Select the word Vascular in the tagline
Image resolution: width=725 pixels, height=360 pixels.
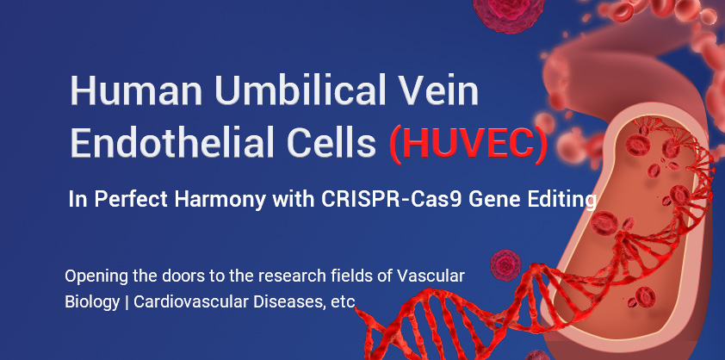point(431,276)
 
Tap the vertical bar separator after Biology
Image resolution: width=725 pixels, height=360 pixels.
point(127,302)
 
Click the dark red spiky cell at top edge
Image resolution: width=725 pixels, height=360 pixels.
point(509,14)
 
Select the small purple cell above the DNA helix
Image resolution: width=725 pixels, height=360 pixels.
point(505,265)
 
